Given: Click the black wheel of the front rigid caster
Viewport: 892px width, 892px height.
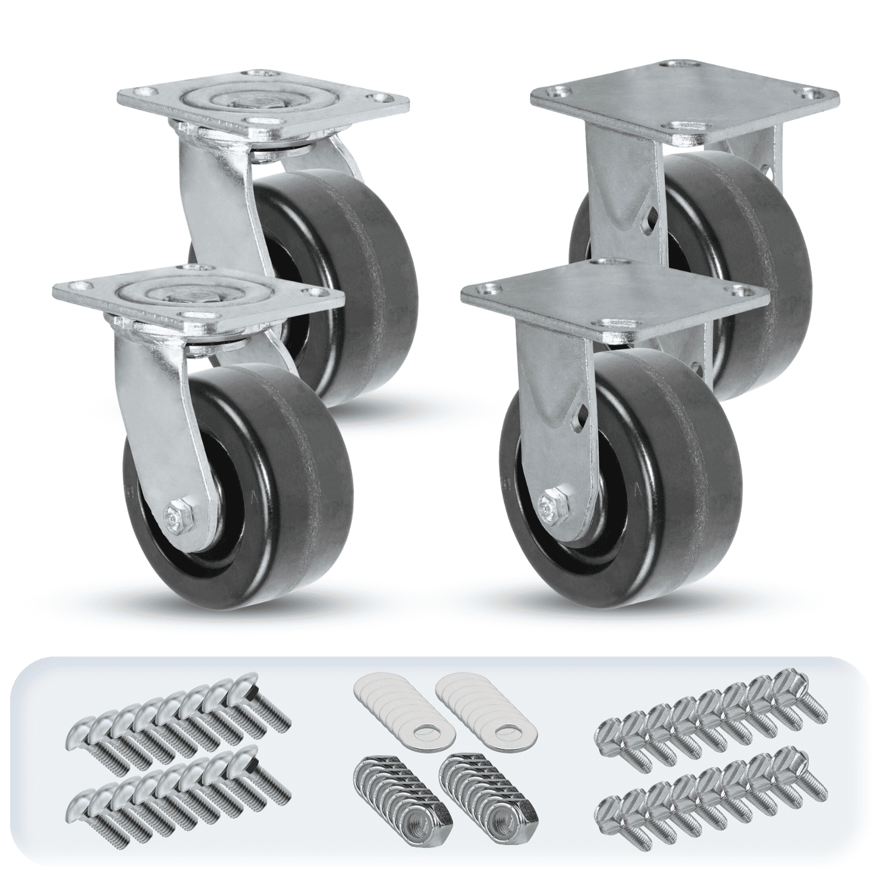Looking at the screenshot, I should pos(648,452).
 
